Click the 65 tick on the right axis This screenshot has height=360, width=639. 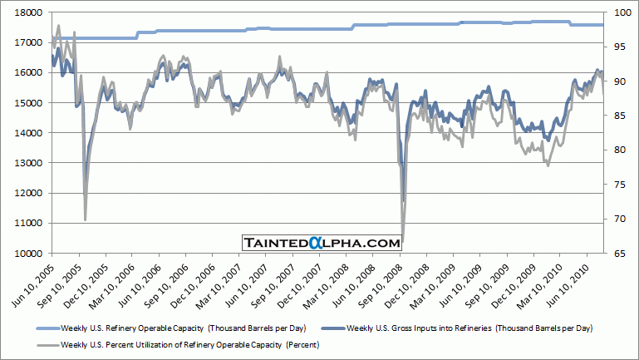[617, 253]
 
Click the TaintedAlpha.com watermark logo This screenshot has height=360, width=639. [322, 243]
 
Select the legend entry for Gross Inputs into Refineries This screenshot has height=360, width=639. [471, 328]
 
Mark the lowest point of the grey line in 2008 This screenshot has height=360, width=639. [402, 239]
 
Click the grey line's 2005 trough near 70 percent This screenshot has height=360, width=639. [86, 219]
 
